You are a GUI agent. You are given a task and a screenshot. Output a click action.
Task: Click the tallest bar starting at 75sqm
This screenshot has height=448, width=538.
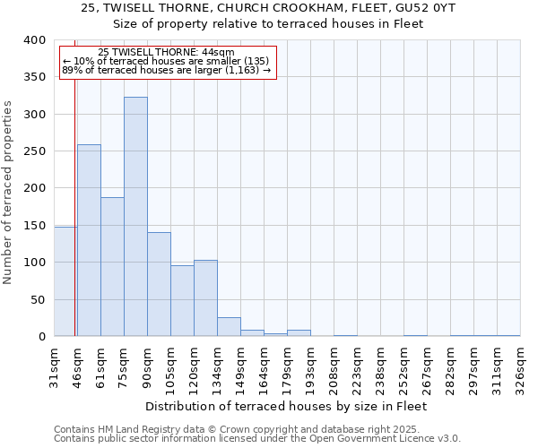(x=135, y=217)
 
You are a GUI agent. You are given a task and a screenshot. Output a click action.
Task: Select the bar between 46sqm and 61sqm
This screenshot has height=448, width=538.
(x=89, y=240)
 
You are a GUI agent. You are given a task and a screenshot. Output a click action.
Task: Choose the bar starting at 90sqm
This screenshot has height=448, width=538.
(x=159, y=284)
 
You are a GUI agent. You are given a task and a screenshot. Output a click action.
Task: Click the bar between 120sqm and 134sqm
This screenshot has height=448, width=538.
(x=205, y=298)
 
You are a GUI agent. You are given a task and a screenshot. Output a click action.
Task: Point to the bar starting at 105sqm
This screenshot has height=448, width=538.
(x=182, y=301)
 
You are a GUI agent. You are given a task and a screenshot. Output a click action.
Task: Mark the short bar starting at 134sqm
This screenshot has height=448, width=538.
(x=229, y=327)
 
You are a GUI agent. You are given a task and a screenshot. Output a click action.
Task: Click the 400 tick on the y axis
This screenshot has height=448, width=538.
(x=34, y=40)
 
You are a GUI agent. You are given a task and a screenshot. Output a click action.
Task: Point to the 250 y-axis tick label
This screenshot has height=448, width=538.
(x=34, y=151)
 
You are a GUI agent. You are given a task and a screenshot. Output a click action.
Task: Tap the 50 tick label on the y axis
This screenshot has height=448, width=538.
(x=38, y=299)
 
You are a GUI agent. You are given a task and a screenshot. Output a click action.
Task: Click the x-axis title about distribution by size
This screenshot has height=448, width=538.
(x=286, y=406)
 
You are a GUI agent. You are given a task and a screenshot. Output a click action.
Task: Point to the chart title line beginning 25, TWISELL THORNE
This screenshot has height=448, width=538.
(x=268, y=7)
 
